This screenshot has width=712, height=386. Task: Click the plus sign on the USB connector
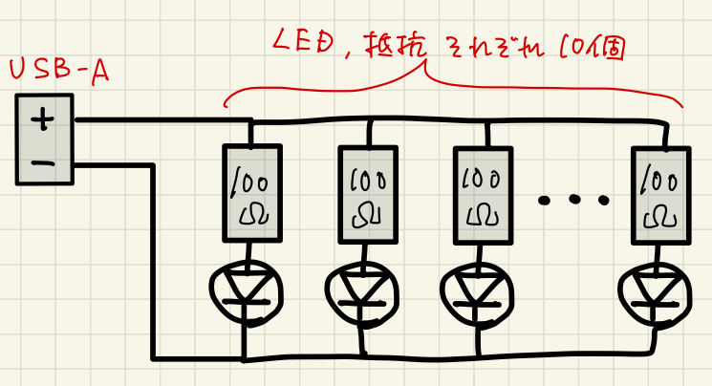point(43,119)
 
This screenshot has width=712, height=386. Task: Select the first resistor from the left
point(252,193)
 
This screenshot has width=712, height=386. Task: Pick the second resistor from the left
point(367,193)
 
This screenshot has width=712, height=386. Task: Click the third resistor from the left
point(483,193)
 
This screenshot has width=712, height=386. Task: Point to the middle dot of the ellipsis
point(573,200)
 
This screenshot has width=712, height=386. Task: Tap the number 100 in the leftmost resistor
point(251,178)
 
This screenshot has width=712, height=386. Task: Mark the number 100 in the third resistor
point(482,179)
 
